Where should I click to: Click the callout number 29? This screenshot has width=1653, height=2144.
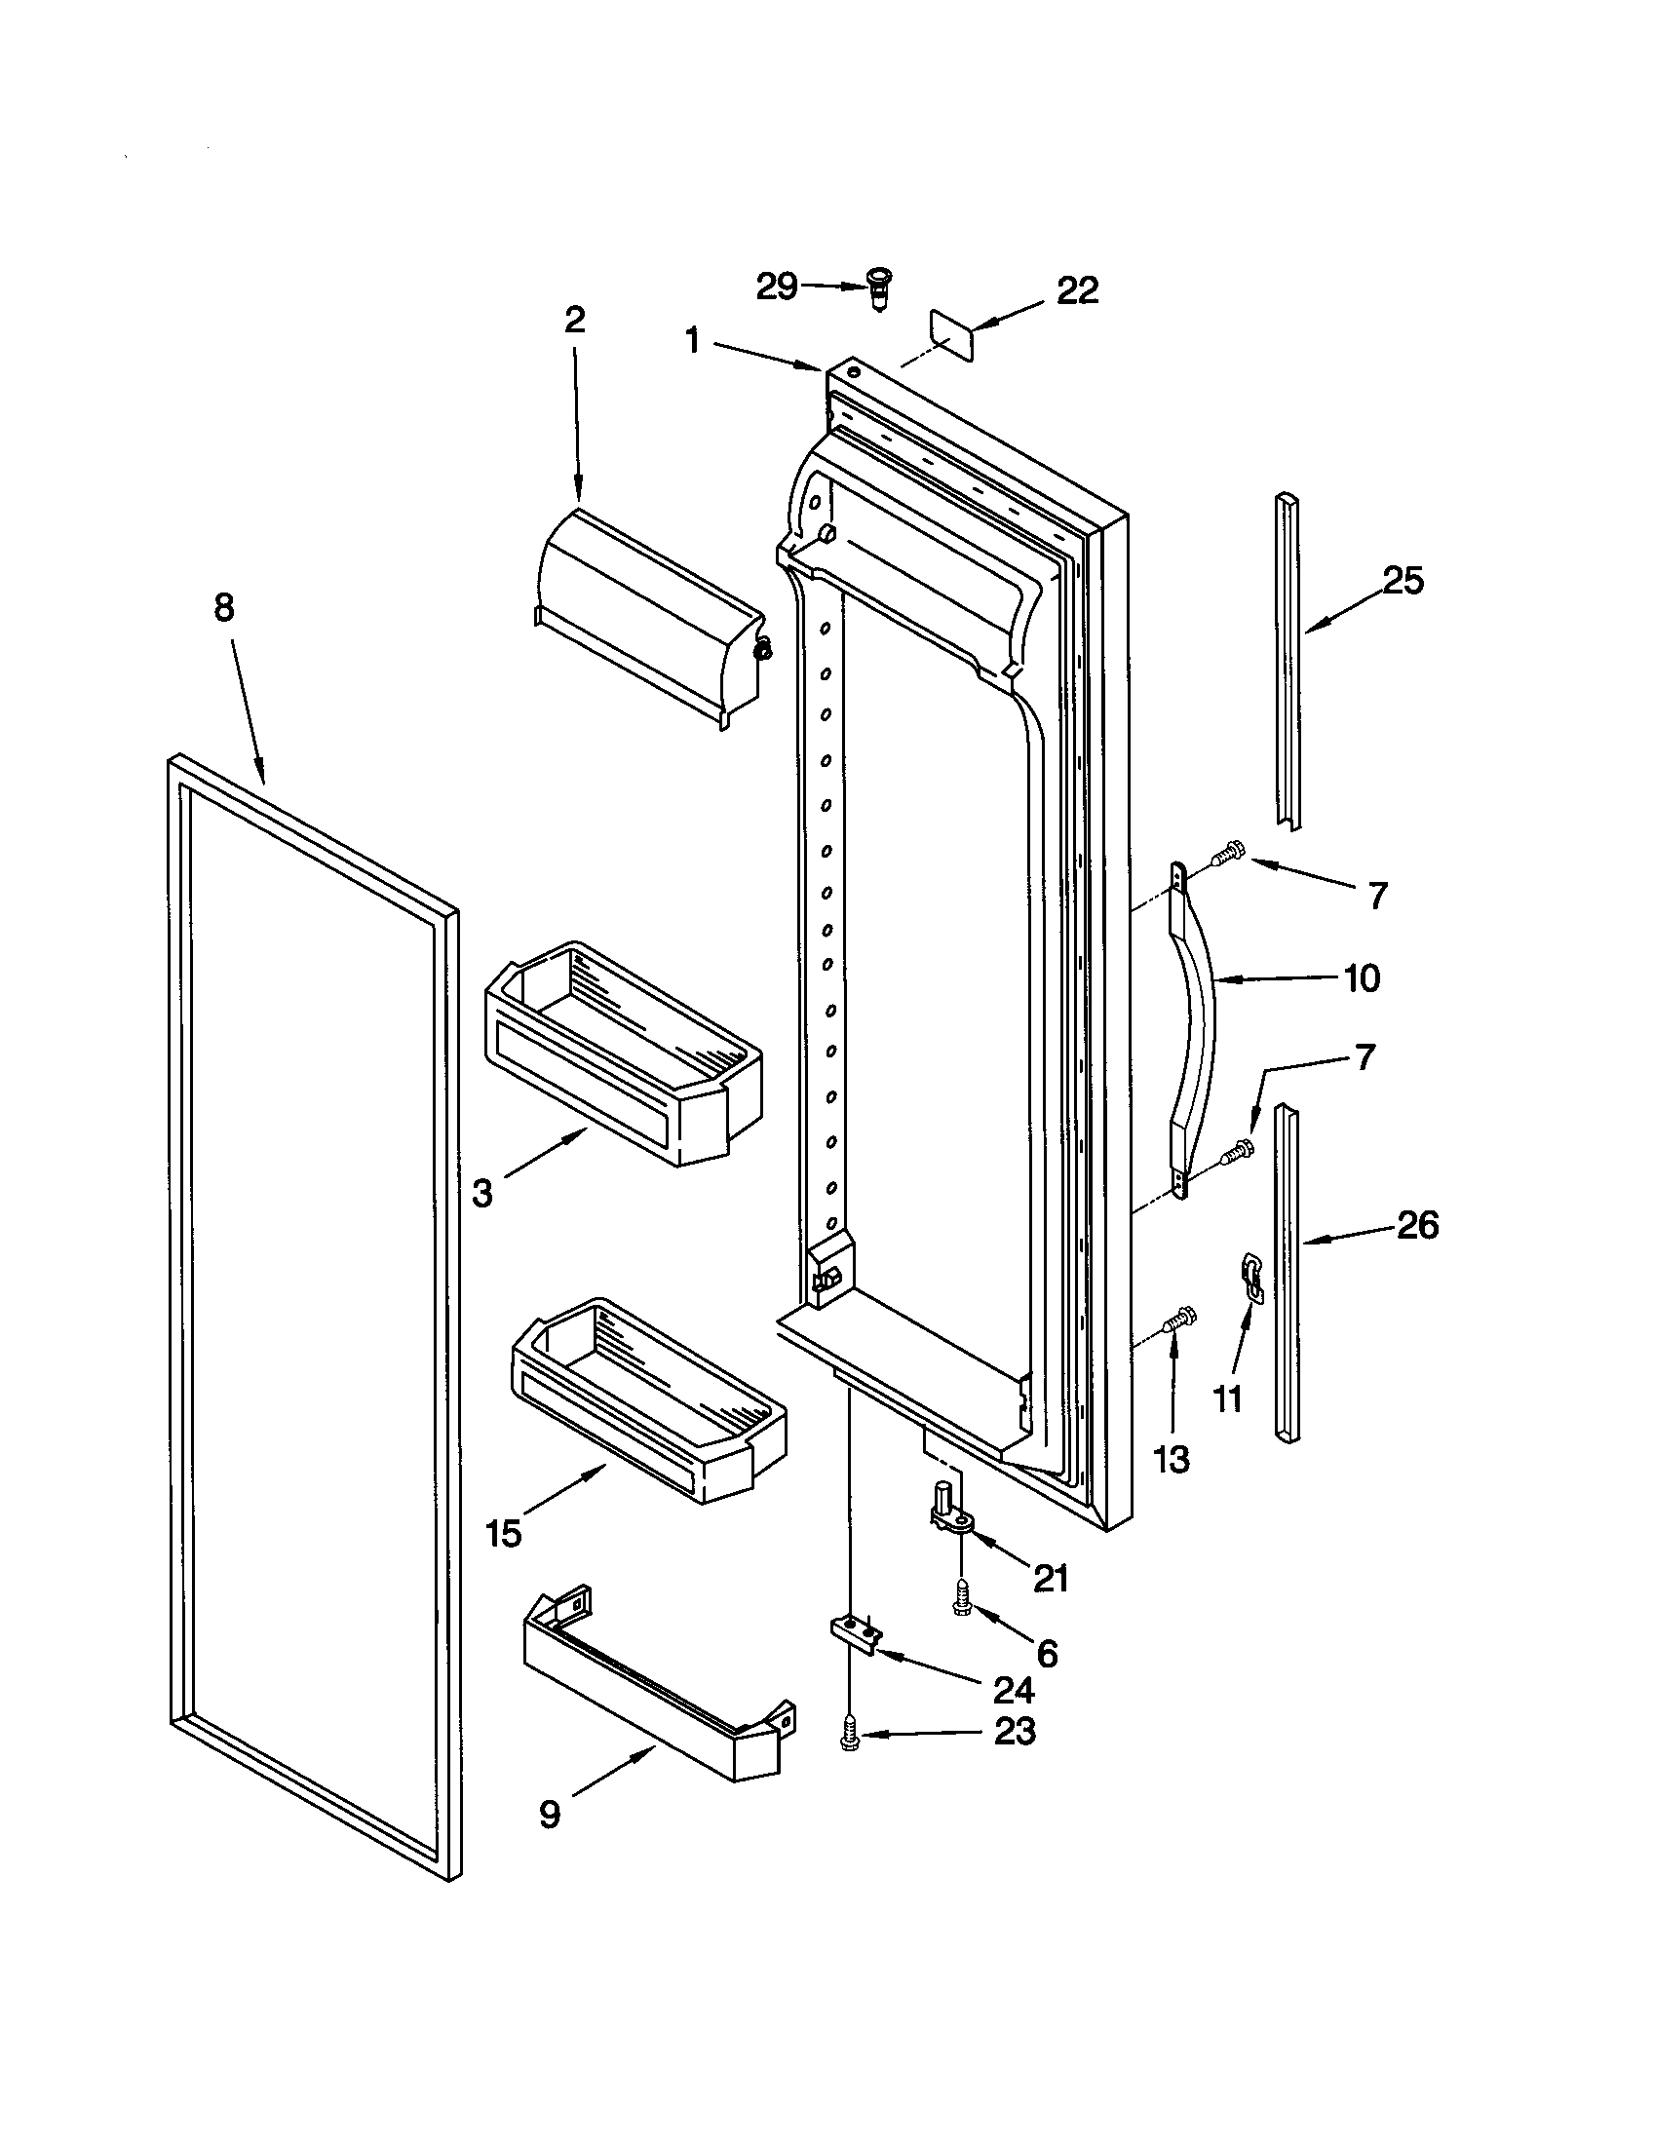point(776,287)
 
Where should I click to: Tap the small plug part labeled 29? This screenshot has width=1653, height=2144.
point(876,288)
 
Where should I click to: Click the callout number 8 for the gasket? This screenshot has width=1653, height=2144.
point(225,608)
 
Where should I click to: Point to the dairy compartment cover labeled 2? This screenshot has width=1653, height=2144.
point(648,619)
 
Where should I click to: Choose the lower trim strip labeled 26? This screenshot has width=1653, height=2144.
point(1287,1272)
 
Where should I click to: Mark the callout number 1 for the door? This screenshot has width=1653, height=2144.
point(693,341)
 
